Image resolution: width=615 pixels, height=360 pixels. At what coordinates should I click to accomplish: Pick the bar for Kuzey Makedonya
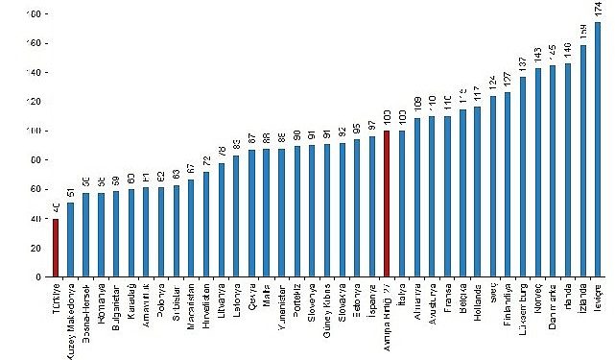pos(70,239)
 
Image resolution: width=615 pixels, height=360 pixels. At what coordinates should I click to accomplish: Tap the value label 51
pos(70,193)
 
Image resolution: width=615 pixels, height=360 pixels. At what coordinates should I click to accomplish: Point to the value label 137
pos(522,63)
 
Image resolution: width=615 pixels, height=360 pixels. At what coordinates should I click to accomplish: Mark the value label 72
pos(205,162)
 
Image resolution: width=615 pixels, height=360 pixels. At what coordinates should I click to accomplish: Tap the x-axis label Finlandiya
pos(508,307)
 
